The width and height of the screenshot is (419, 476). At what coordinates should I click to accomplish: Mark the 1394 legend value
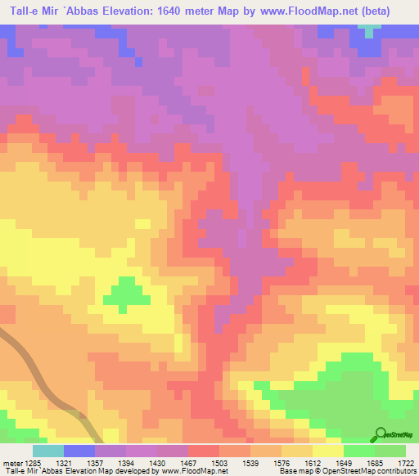pyautogui.click(x=142, y=464)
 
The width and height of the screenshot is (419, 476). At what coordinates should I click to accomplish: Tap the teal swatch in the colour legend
pyautogui.click(x=47, y=451)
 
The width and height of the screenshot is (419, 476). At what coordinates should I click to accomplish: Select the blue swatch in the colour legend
pyautogui.click(x=79, y=451)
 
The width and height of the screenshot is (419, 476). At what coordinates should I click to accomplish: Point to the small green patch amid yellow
pyautogui.click(x=124, y=293)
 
